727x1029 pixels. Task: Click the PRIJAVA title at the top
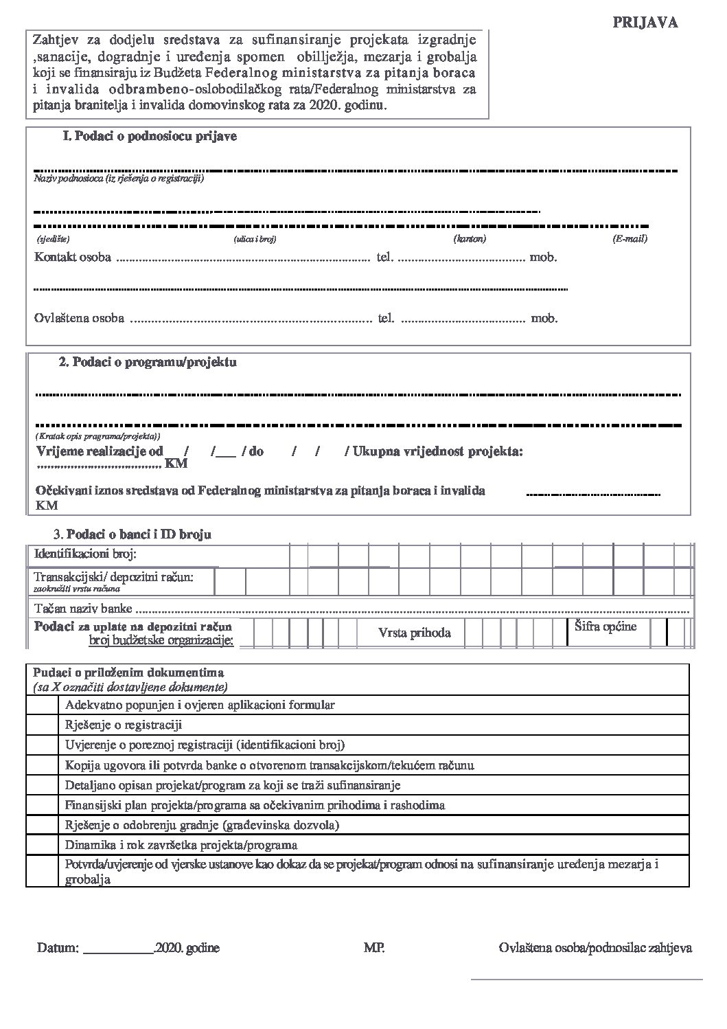645,23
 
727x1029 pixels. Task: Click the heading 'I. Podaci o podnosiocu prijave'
150,137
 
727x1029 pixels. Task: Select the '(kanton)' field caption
470,239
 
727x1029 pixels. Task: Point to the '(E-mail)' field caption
630,239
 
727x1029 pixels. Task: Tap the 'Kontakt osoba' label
73,258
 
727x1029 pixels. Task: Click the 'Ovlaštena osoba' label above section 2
79,318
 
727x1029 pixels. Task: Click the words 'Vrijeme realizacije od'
100,452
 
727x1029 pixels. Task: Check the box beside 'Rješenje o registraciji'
43,725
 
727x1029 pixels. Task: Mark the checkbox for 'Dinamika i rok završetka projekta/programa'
43,845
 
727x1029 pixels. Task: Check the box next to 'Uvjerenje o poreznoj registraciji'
43,745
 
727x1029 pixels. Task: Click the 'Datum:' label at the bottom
58,949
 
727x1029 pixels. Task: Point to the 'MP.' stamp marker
374,949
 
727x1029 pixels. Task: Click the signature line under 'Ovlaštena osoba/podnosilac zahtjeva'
586,978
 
